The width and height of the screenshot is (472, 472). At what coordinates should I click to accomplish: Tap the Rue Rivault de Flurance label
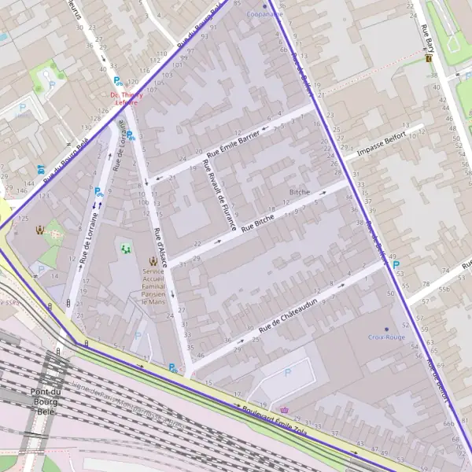pos(219,196)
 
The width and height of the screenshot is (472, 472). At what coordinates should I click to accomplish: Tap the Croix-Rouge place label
pos(385,337)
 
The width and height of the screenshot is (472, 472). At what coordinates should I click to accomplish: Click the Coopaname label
pos(264,14)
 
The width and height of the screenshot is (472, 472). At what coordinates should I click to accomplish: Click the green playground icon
pos(125,249)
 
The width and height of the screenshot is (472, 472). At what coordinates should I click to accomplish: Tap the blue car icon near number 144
pos(40,169)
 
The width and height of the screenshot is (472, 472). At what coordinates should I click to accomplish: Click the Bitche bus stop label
pos(300,192)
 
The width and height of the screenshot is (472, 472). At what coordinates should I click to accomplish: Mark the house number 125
pos(23,218)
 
